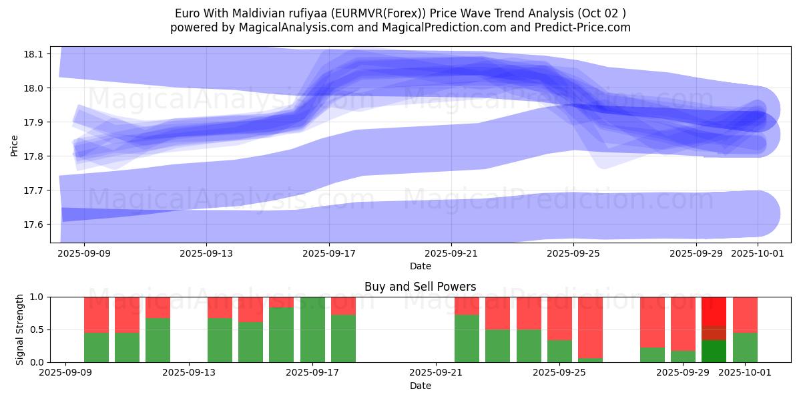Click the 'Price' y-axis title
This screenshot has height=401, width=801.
tap(15, 144)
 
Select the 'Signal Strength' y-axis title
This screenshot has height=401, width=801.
tap(20, 329)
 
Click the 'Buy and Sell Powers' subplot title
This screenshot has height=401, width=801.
tap(421, 287)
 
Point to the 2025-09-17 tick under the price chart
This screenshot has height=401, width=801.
tap(329, 253)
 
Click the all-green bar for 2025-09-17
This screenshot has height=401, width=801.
tap(312, 329)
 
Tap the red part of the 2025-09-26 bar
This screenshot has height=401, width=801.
tap(590, 327)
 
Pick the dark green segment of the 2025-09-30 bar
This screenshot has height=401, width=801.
tap(714, 352)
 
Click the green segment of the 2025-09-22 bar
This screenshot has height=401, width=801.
tap(467, 339)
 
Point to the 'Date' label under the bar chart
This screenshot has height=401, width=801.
tap(421, 386)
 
